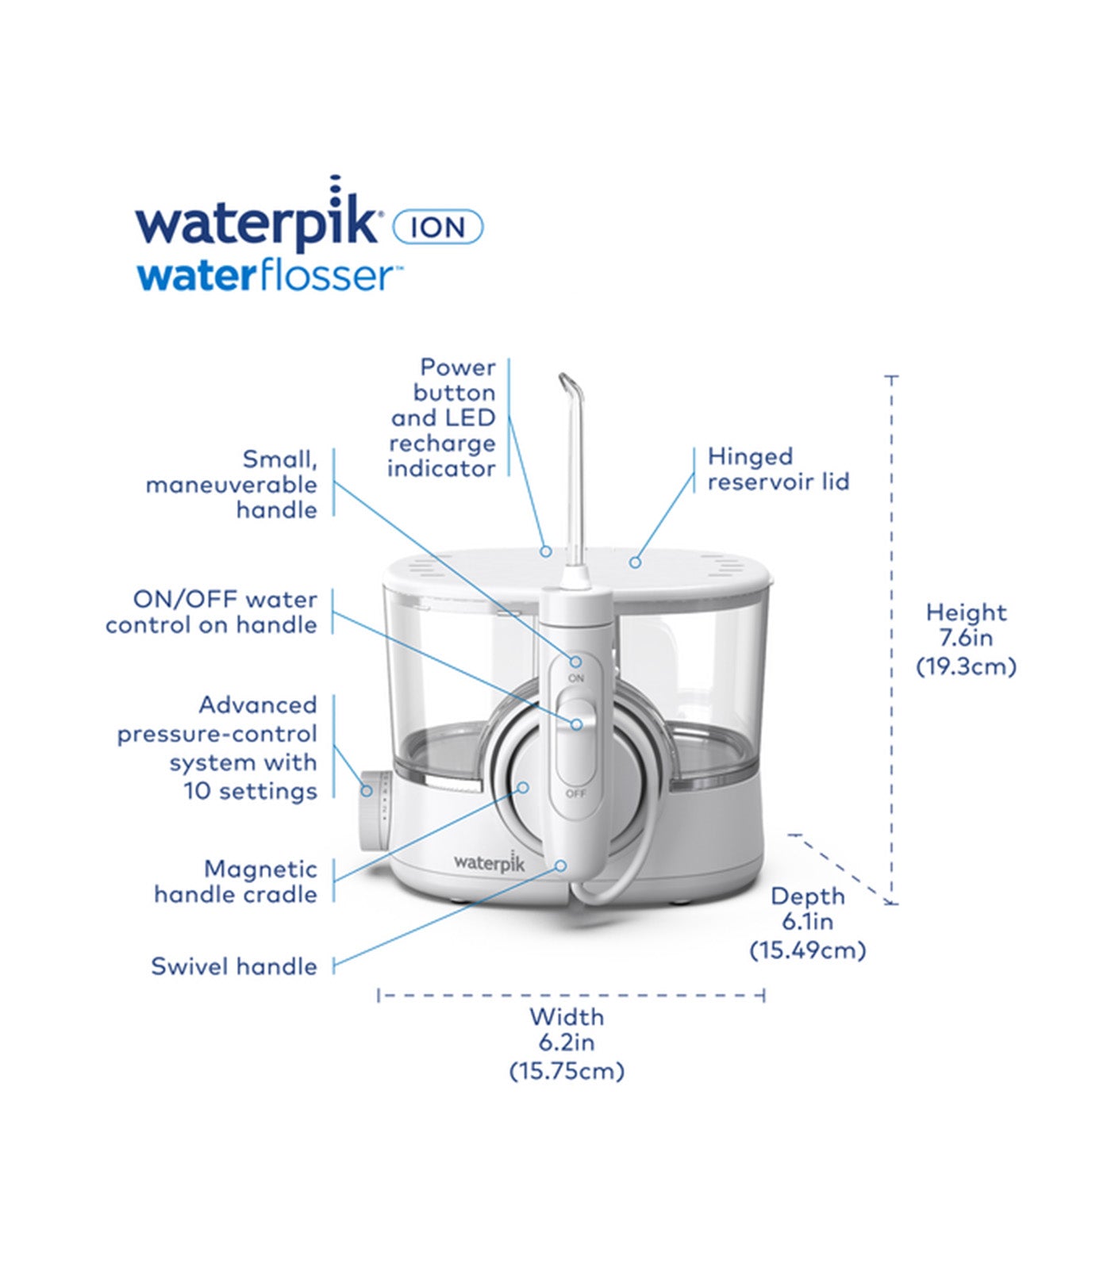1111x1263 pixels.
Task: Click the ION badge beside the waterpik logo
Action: pyautogui.click(x=438, y=228)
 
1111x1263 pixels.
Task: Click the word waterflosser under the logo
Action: pyautogui.click(x=264, y=277)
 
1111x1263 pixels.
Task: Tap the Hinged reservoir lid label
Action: pyautogui.click(x=778, y=469)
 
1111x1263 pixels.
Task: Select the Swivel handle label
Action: pyautogui.click(x=234, y=966)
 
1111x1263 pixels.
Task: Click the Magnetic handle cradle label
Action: pyautogui.click(x=236, y=881)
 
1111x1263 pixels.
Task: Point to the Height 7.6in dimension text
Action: pyautogui.click(x=966, y=639)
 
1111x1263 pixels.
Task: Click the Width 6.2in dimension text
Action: pyautogui.click(x=567, y=1043)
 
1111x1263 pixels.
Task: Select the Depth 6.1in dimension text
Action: pyautogui.click(x=807, y=923)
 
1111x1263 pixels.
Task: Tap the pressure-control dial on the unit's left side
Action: pyautogui.click(x=372, y=809)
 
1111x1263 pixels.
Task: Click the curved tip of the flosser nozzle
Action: pyautogui.click(x=571, y=385)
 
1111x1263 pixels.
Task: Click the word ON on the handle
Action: pyautogui.click(x=576, y=678)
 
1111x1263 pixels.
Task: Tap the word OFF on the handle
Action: pyautogui.click(x=576, y=793)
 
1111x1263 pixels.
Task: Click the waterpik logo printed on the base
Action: pyautogui.click(x=489, y=862)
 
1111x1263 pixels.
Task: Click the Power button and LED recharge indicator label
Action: pyautogui.click(x=443, y=418)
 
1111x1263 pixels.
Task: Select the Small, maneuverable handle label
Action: pyautogui.click(x=233, y=484)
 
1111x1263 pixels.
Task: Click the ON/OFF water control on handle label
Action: pyautogui.click(x=212, y=612)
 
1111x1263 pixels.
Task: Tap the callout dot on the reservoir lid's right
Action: pyautogui.click(x=634, y=562)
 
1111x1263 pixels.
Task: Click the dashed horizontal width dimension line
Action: pyautogui.click(x=571, y=994)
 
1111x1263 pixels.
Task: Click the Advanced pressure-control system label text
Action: pyautogui.click(x=218, y=747)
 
